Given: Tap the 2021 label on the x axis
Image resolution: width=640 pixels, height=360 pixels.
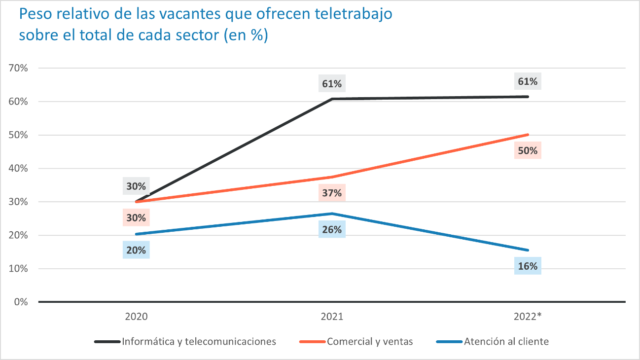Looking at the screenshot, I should (332, 317).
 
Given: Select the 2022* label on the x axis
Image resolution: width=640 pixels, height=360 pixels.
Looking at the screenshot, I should (528, 317).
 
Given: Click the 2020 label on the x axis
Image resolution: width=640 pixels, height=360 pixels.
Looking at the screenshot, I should (137, 317).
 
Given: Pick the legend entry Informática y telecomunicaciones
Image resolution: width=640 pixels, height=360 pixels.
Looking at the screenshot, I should (199, 341).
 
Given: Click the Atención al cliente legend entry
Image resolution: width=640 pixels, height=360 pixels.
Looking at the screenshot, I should (506, 341).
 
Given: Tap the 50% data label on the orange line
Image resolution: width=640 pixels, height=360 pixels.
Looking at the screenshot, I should (528, 150).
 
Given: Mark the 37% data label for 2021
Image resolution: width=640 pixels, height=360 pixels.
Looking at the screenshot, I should (332, 193).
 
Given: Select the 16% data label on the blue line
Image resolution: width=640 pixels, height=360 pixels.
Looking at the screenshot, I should (528, 266).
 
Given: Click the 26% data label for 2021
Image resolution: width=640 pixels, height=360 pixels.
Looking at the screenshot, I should (332, 229).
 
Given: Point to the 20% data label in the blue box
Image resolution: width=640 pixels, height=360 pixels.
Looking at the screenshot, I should (137, 250).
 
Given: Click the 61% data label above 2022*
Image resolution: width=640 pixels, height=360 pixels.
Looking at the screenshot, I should (528, 81).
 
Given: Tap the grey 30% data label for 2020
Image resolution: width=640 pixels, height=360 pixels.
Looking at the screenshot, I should (137, 186).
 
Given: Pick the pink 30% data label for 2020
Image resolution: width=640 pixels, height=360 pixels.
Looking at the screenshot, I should (137, 217).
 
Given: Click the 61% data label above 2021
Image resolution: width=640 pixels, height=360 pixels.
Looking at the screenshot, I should (332, 83).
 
